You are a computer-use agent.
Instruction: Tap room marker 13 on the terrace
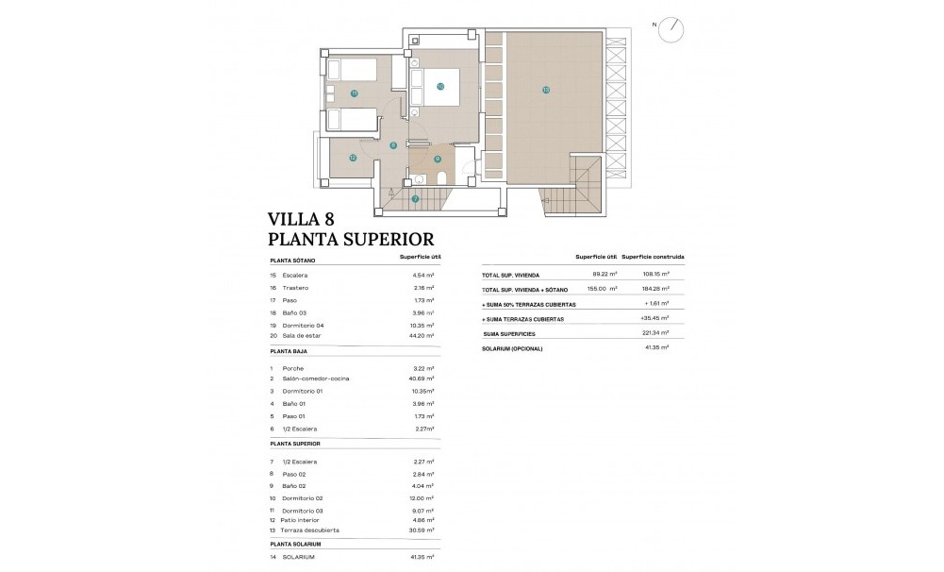tap(545, 90)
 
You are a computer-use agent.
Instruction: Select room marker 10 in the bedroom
tap(440, 86)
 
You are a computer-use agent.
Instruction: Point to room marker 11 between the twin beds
tap(354, 93)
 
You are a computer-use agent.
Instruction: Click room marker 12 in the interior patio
tap(353, 158)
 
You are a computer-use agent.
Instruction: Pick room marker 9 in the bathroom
tap(438, 159)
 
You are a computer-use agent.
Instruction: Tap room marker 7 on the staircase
tap(415, 198)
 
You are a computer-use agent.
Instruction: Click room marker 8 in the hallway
tap(392, 144)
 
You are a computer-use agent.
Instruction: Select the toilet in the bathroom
tap(482, 180)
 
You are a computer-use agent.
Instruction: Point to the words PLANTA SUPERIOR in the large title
tap(351, 240)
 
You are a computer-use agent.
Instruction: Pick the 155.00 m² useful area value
tap(602, 289)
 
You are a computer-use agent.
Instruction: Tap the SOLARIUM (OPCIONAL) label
tap(513, 348)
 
